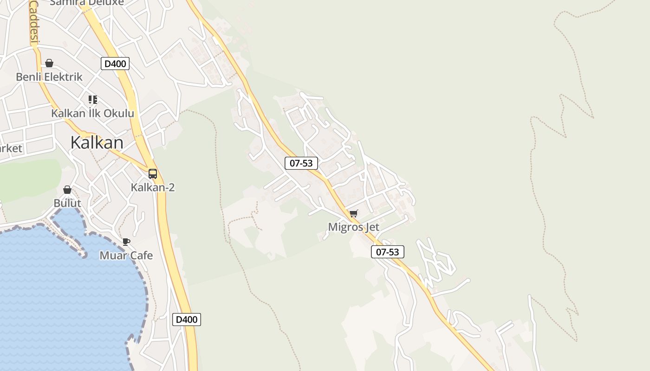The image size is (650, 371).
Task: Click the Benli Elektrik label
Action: pyautogui.click(x=49, y=77)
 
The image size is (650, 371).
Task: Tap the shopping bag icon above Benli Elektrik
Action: pyautogui.click(x=49, y=63)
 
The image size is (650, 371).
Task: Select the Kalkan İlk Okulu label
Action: pyautogui.click(x=92, y=114)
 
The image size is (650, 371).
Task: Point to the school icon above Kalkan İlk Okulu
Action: pyautogui.click(x=93, y=99)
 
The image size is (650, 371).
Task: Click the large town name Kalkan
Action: pyautogui.click(x=97, y=142)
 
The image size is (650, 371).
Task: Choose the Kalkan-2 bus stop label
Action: pyautogui.click(x=153, y=188)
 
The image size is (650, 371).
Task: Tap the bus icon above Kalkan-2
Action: pyautogui.click(x=153, y=174)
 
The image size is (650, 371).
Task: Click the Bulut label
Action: pyautogui.click(x=67, y=203)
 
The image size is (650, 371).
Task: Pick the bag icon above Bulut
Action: pyautogui.click(x=67, y=190)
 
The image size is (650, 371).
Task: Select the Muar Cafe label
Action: pyautogui.click(x=126, y=256)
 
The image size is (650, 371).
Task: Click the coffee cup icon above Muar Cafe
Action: pyautogui.click(x=126, y=242)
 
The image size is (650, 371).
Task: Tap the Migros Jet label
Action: pyautogui.click(x=354, y=227)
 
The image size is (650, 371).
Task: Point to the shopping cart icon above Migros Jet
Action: pyautogui.click(x=354, y=213)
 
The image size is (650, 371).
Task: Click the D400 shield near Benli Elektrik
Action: pyautogui.click(x=115, y=64)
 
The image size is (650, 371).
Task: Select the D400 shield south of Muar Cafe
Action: pyautogui.click(x=187, y=320)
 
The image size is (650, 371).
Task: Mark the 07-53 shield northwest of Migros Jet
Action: pyautogui.click(x=301, y=163)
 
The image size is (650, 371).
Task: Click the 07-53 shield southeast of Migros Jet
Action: pyautogui.click(x=388, y=252)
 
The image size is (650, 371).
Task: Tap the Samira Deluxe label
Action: pyautogui.click(x=87, y=3)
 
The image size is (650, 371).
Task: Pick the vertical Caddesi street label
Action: pyautogui.click(x=34, y=21)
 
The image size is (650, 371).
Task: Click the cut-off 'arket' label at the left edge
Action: pyautogui.click(x=11, y=148)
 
